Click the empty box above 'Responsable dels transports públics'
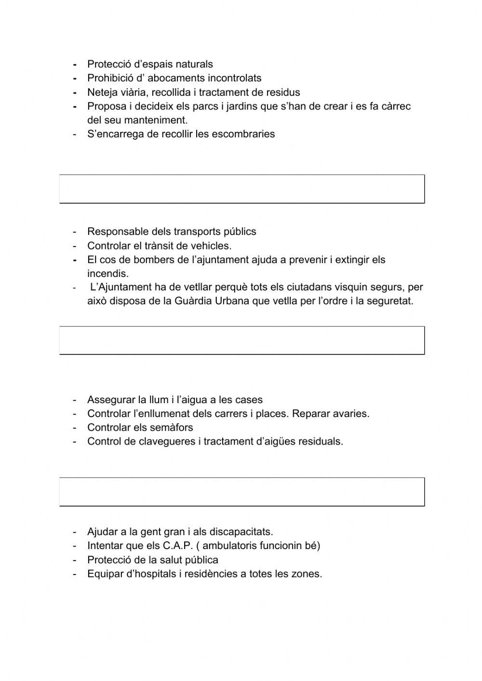(241, 189)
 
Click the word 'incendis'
(107, 274)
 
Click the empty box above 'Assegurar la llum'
(241, 340)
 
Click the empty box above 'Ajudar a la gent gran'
(241, 492)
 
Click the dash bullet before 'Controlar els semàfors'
(75, 427)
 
